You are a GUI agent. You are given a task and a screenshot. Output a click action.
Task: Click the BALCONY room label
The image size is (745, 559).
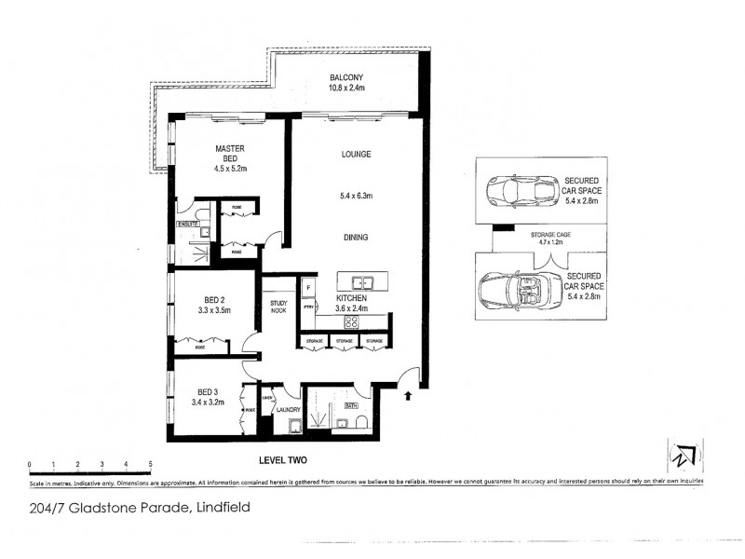[345, 77]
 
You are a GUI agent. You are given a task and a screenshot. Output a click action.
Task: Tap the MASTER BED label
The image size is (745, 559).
[229, 154]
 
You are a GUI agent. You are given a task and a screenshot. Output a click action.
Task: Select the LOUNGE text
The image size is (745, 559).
[357, 155]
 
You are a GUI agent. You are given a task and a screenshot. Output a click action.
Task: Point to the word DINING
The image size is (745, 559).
[355, 238]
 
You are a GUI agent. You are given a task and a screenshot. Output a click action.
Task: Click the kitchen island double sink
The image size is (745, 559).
[359, 282]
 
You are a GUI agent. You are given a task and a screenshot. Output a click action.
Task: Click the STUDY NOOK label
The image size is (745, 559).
[278, 307]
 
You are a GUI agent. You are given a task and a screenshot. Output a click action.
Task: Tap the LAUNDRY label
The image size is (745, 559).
[287, 408]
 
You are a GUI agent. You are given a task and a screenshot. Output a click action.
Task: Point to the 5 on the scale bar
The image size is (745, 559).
[150, 463]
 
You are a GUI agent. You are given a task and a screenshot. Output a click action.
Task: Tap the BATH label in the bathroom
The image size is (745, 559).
[351, 405]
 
